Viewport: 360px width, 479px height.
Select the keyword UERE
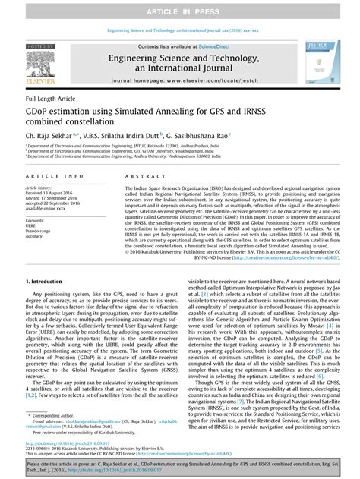click(31, 225)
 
